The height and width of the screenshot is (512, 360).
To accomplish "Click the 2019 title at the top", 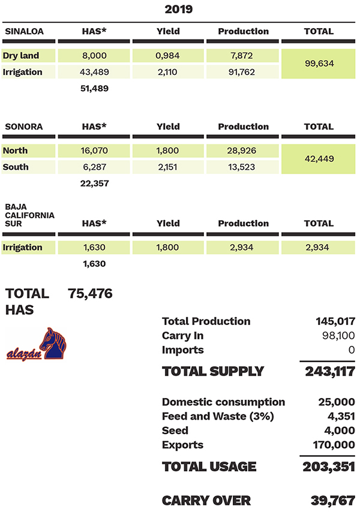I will point(179,10).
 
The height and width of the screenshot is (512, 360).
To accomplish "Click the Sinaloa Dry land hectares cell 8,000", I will point(94,56).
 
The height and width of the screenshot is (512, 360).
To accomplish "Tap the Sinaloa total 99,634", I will point(319,64).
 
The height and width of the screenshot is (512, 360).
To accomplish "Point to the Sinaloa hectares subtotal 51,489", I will point(94,88).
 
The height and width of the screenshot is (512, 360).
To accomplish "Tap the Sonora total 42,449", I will point(319,159).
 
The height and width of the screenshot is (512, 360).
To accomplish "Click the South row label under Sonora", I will point(16,167).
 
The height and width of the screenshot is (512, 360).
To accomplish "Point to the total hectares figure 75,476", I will point(91,294).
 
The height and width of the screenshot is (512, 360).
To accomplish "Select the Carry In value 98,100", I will point(336,336).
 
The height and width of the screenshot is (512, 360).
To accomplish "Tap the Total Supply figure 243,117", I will point(329,371).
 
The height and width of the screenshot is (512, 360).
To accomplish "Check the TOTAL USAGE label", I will point(209,466).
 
